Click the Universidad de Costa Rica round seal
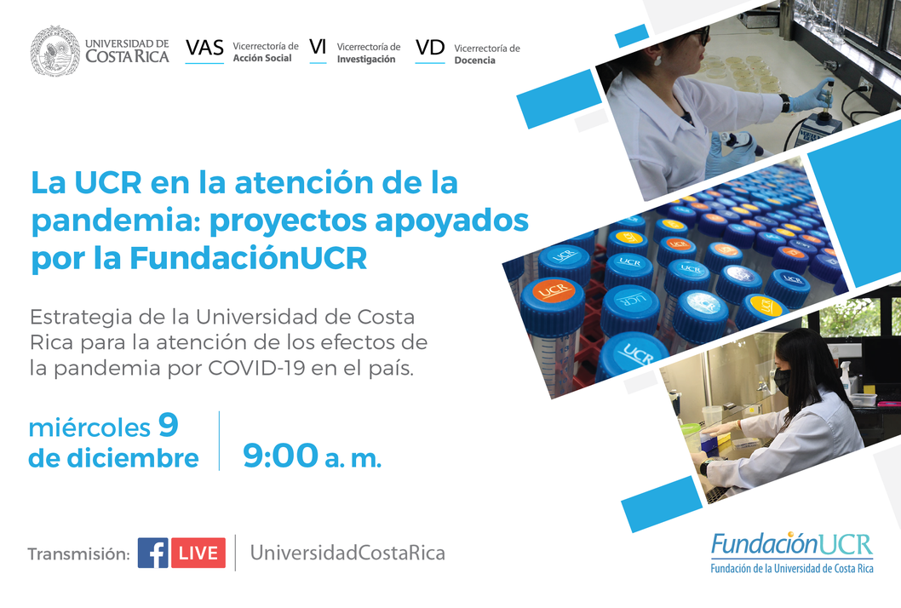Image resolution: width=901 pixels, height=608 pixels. [x=55, y=50]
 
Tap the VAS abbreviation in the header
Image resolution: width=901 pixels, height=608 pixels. [x=204, y=49]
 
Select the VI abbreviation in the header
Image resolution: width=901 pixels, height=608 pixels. [x=318, y=47]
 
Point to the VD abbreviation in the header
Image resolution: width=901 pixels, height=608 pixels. [x=430, y=48]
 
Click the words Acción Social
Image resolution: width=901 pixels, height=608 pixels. [x=262, y=58]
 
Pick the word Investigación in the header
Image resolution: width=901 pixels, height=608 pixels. [x=366, y=60]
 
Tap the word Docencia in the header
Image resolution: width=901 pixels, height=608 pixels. [x=474, y=60]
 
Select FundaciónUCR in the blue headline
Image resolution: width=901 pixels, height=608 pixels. [x=248, y=258]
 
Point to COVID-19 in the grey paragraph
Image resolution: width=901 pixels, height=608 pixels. [x=256, y=368]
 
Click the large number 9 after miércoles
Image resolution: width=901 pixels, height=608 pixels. [x=169, y=425]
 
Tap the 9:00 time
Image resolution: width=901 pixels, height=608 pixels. [x=280, y=456]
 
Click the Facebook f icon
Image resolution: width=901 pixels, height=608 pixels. [x=152, y=553]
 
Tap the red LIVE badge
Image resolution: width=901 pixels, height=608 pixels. [x=198, y=553]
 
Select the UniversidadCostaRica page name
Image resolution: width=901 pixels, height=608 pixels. [x=347, y=553]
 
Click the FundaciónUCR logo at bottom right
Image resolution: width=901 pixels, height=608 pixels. [x=792, y=553]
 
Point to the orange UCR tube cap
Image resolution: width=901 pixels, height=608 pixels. [x=554, y=290]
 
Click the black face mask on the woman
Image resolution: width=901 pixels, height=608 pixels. [x=782, y=381]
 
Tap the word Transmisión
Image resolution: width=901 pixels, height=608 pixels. [x=78, y=554]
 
